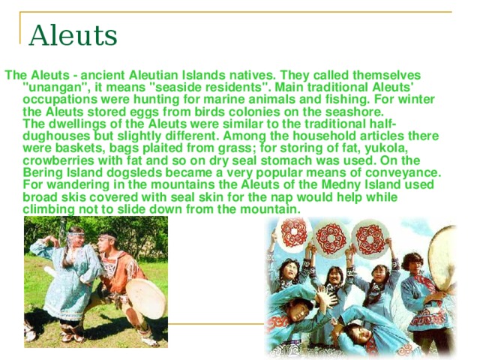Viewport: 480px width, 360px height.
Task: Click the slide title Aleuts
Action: click(73, 34)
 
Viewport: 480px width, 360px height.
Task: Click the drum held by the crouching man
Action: click(145, 298)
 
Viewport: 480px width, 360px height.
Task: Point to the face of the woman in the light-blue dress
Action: click(76, 241)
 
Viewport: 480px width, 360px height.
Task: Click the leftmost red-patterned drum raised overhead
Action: click(290, 239)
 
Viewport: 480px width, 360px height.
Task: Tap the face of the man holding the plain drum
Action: click(412, 262)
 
